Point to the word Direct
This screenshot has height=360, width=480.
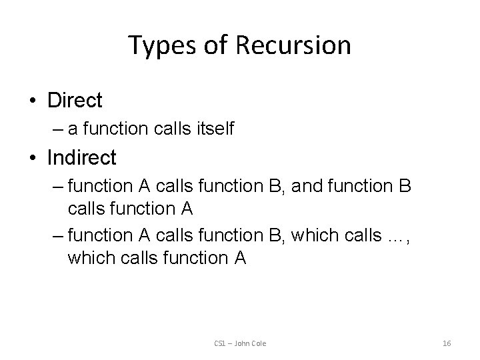75,101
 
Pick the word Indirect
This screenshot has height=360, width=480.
82,158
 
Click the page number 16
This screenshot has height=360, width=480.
447,343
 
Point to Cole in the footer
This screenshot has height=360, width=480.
258,343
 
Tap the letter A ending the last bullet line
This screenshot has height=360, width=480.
240,257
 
